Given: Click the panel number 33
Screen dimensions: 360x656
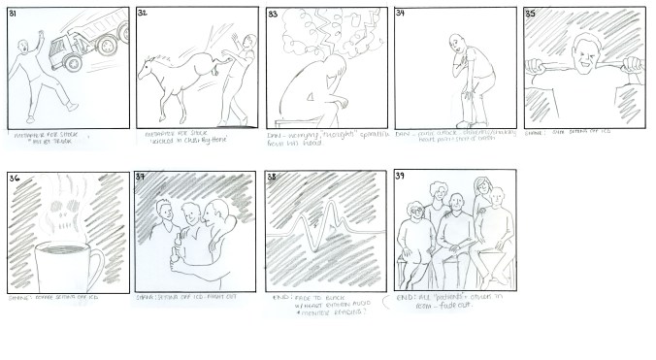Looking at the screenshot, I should (x=274, y=15).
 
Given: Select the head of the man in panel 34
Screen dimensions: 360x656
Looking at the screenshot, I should (x=456, y=44).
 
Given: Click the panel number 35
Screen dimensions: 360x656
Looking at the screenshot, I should (x=531, y=14).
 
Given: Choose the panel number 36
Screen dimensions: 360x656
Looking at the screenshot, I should (x=15, y=178).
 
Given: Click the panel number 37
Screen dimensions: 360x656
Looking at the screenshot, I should (x=144, y=178).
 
